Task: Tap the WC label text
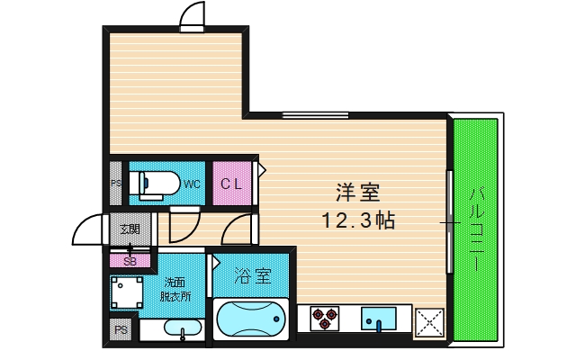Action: [x=192, y=184]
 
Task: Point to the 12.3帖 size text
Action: [x=359, y=219]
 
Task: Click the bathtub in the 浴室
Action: [x=252, y=321]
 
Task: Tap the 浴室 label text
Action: [x=253, y=275]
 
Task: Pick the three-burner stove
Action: [x=325, y=318]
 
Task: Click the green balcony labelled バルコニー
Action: [x=476, y=229]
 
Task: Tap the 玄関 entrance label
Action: [x=130, y=229]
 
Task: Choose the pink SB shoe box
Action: [x=130, y=261]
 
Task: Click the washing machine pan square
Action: [x=126, y=292]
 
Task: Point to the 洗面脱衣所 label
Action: [x=175, y=289]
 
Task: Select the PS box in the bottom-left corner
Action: [x=121, y=331]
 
